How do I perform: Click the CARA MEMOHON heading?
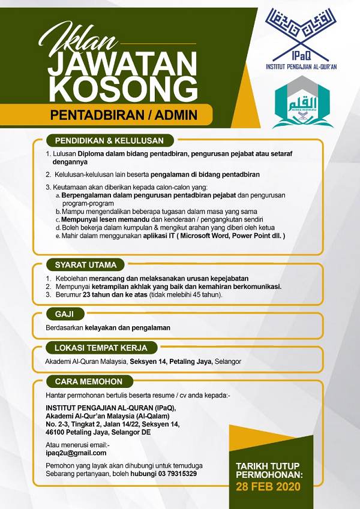point(89,381)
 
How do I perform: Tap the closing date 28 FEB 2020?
point(268,486)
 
